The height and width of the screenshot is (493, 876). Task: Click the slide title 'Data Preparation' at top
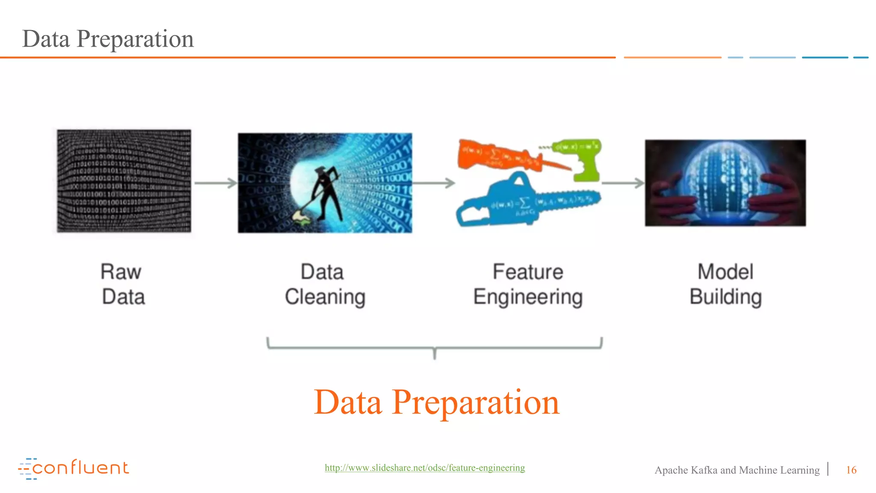coord(108,39)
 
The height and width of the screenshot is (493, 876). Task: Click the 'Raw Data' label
coord(123,284)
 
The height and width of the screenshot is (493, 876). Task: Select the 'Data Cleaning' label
coord(325,284)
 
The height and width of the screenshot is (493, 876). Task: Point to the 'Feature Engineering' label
coord(528,284)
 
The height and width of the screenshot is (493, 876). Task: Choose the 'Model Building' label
coord(725,284)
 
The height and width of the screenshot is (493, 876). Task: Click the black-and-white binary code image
coord(124,181)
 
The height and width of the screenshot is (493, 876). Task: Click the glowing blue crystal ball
coord(723,180)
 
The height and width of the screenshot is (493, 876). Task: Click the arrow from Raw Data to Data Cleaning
coord(215,183)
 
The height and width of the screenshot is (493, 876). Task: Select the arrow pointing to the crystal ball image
coord(623,183)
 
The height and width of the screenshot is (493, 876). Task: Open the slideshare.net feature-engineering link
coord(425,468)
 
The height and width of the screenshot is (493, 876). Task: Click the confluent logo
coord(74,468)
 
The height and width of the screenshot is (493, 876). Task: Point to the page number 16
coord(851,470)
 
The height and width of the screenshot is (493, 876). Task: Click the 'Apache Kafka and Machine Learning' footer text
coord(737,470)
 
